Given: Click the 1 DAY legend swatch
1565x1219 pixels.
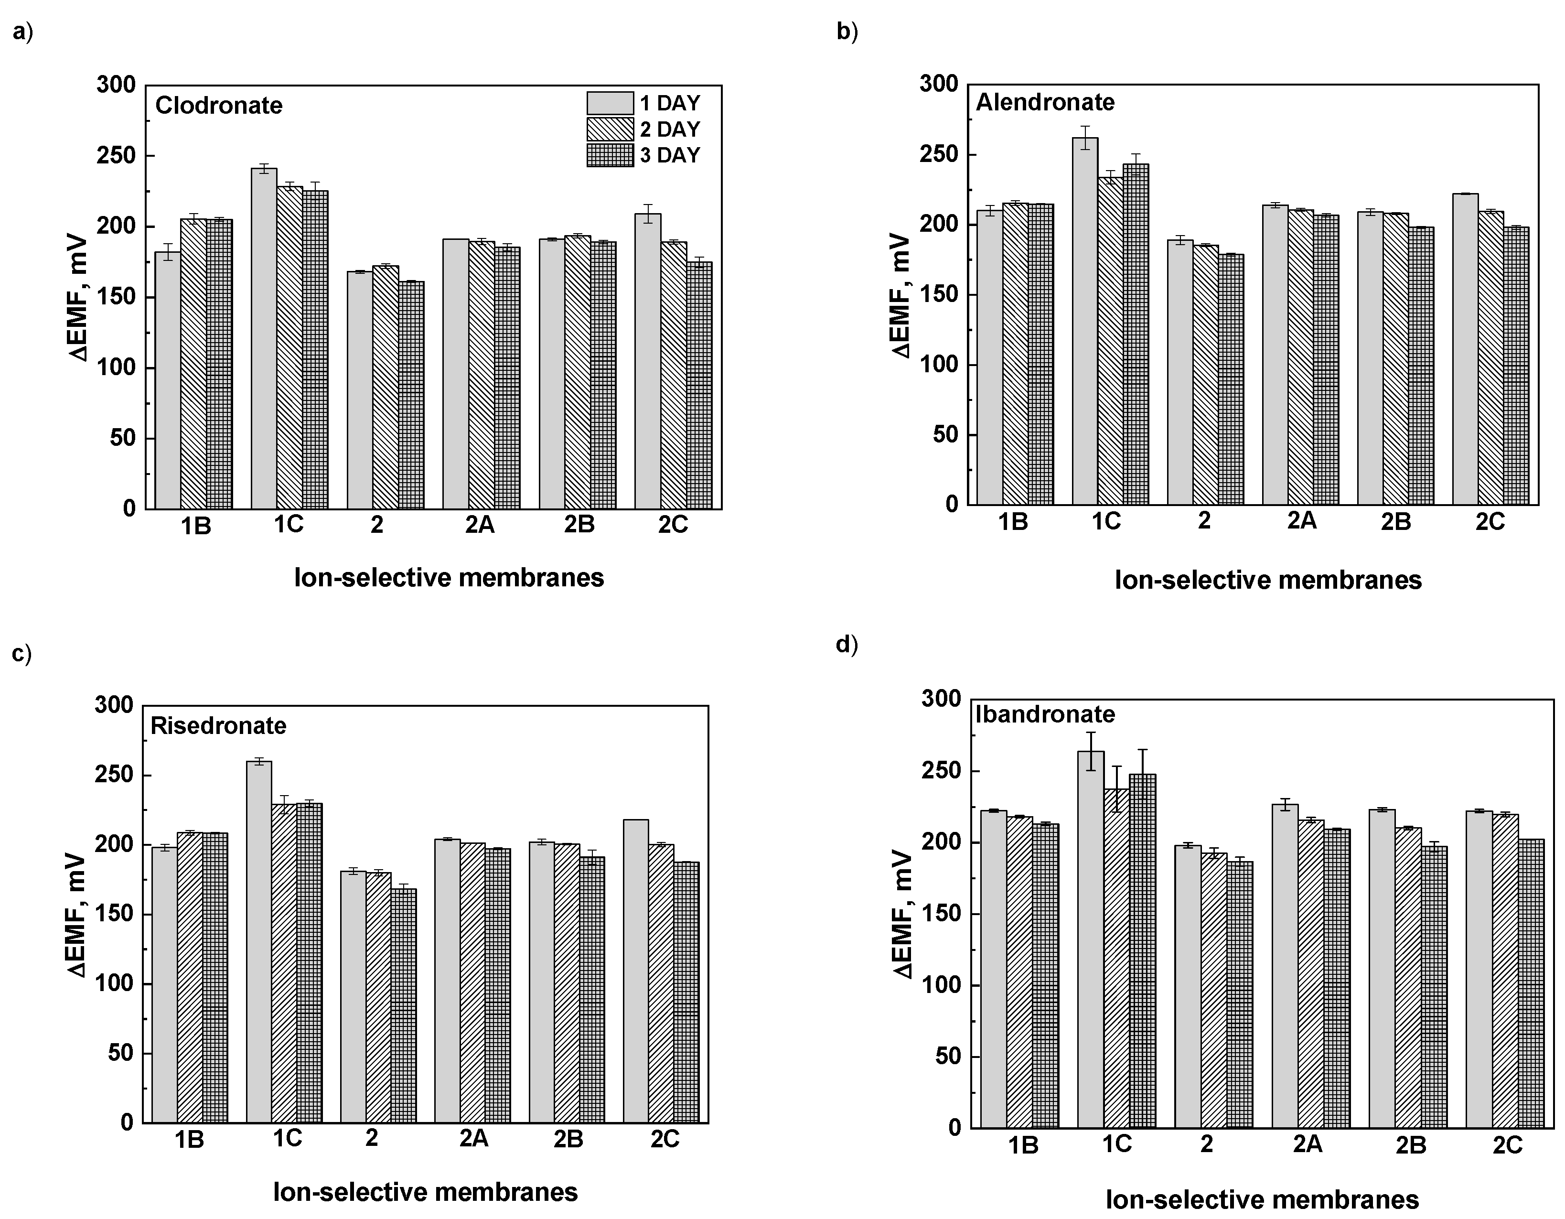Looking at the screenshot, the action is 610,103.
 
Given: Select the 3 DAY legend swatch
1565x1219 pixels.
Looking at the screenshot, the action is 610,155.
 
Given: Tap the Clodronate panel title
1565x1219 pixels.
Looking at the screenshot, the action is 219,105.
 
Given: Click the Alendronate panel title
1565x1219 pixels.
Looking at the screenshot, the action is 1045,102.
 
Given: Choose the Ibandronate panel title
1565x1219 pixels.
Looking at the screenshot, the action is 1045,714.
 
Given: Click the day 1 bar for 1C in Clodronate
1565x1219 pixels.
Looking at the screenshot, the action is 264,338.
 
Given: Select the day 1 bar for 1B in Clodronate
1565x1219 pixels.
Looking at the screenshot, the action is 168,380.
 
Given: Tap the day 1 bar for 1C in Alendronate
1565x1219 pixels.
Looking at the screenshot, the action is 1085,321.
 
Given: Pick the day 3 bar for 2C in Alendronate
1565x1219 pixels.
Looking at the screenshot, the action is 1516,366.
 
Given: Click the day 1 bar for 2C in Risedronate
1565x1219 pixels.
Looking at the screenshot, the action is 635,971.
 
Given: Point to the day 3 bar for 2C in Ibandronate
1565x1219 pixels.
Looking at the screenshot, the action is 1532,984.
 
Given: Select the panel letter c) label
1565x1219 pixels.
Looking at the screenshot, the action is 22,654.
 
